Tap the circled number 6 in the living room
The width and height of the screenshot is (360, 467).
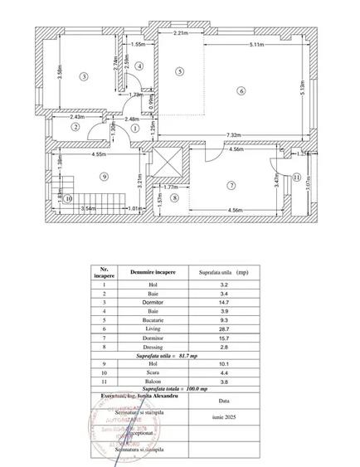click(x=241, y=90)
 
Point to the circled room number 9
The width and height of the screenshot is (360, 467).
click(x=104, y=176)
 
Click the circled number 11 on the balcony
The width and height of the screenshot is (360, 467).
click(x=296, y=177)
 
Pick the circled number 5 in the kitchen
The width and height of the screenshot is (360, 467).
click(x=179, y=72)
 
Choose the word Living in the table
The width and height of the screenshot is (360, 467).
click(x=151, y=329)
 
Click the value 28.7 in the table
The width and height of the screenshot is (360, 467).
click(x=219, y=329)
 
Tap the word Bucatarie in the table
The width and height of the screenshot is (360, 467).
click(x=151, y=320)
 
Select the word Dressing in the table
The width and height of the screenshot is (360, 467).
click(x=151, y=348)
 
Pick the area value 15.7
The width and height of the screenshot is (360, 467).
click(x=219, y=338)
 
